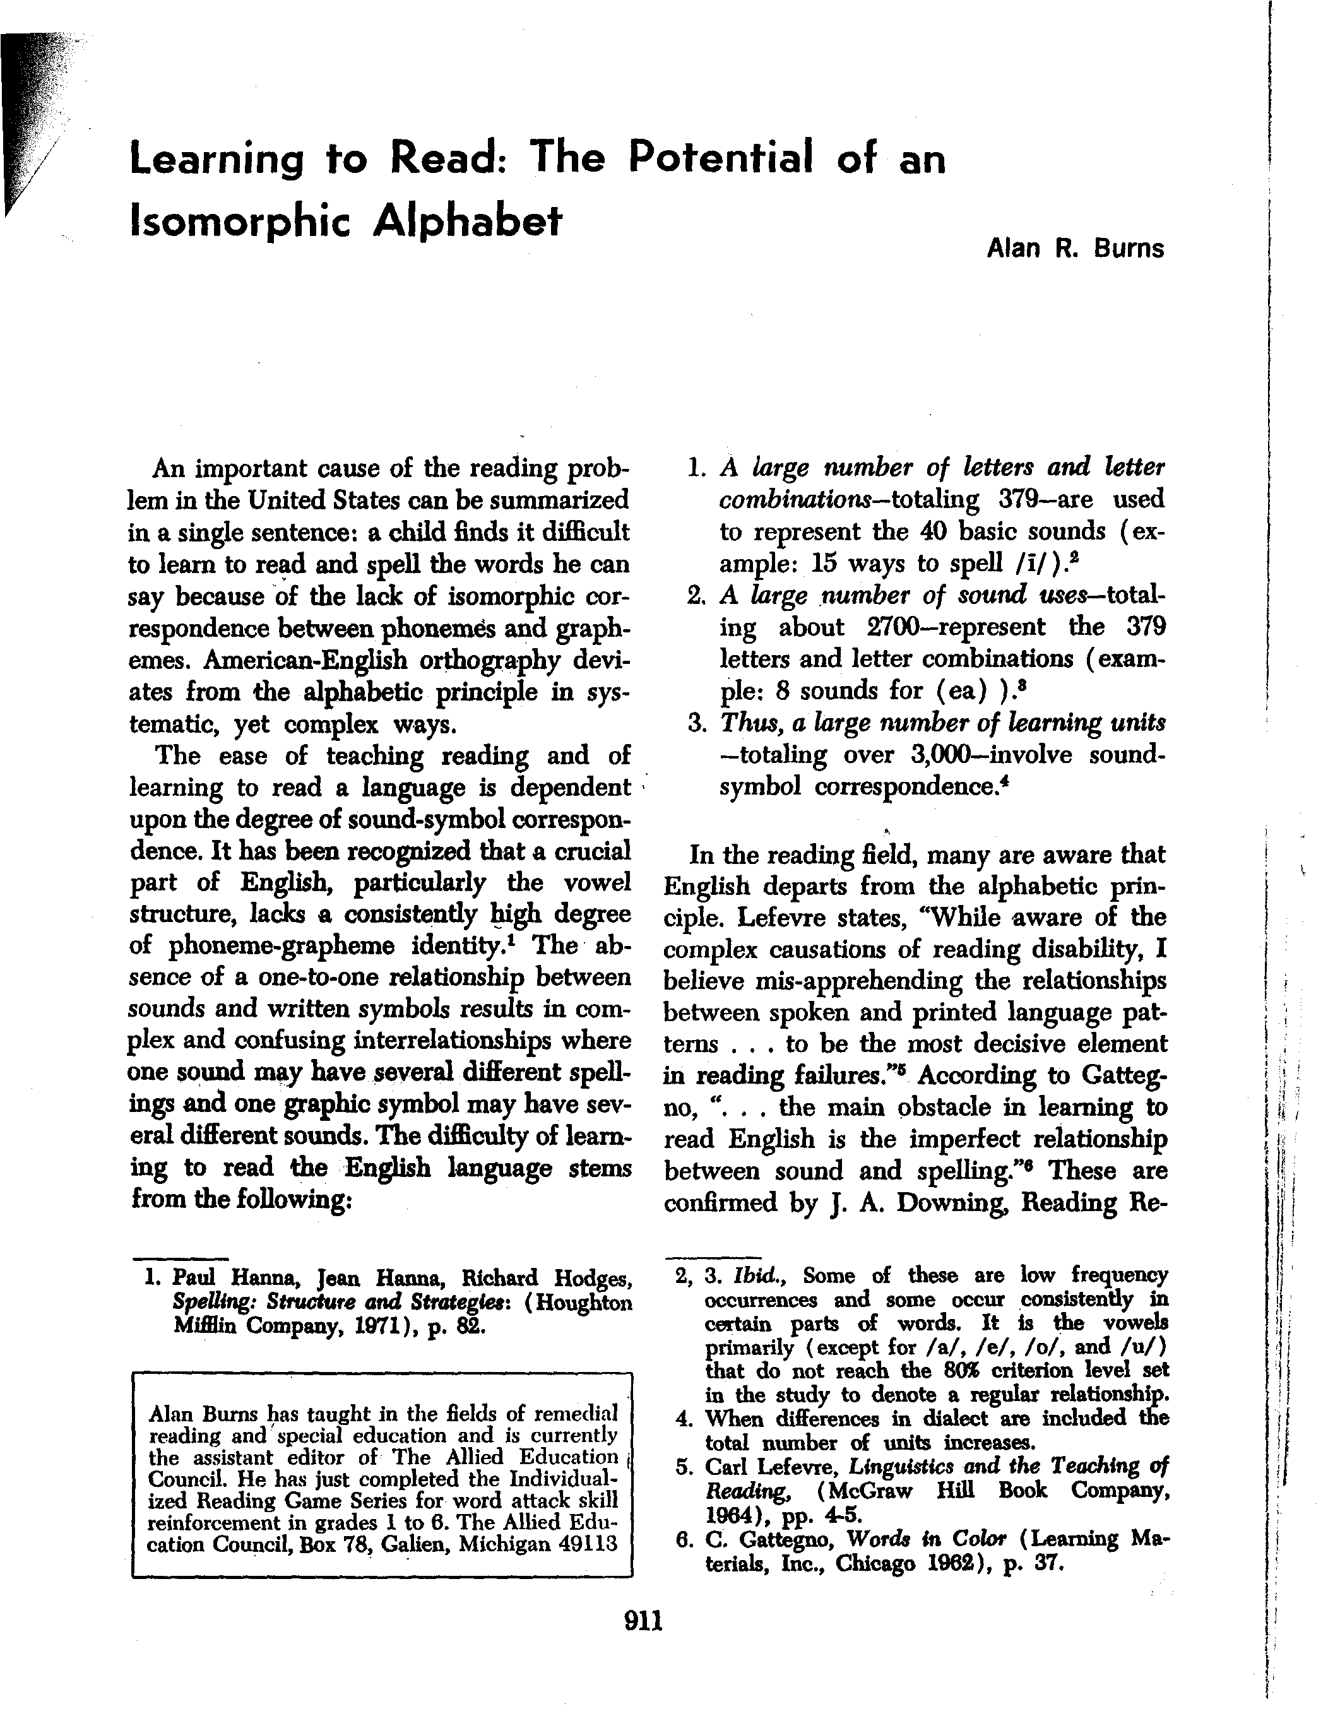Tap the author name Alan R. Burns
coord(1074,249)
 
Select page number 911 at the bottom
coord(643,1621)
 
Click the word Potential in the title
coord(720,157)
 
